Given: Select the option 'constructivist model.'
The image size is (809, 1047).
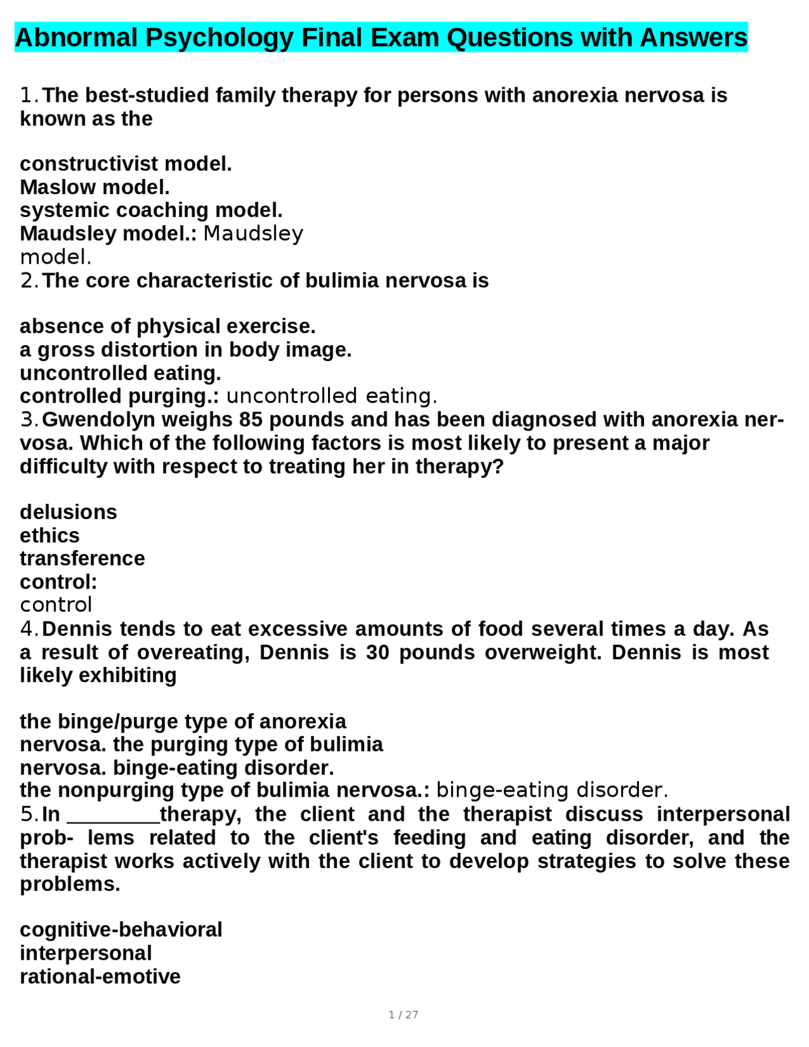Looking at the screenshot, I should point(126,164).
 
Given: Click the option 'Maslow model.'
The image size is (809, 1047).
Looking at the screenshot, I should point(95,187).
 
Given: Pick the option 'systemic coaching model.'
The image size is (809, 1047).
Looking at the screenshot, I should point(151,210).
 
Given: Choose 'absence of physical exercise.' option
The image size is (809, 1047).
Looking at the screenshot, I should point(167,326).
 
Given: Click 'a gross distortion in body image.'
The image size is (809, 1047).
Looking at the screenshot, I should point(185,350).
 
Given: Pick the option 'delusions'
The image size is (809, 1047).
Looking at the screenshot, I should point(68,512).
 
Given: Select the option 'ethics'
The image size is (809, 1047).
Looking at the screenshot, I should point(49,536).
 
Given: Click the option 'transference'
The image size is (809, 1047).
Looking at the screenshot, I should point(82,559).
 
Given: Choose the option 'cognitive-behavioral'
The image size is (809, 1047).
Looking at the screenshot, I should point(121,930).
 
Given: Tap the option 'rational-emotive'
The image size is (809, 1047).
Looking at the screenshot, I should point(100,977).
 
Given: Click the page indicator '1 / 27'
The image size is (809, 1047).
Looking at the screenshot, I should point(403,1015).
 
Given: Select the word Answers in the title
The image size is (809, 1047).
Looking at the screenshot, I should point(693,38).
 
